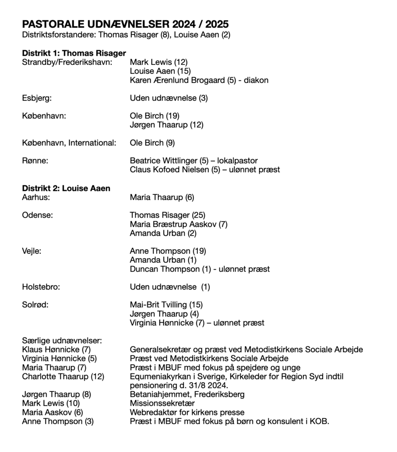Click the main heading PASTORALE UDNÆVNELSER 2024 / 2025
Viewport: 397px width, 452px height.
pos(125,24)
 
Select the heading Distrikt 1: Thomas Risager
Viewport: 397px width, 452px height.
pos(74,53)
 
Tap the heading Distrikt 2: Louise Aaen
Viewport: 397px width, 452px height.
pos(66,188)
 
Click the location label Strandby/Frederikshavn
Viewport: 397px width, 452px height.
pos(67,62)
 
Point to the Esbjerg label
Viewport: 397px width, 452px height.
pos(37,98)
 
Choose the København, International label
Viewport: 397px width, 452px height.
pos(69,143)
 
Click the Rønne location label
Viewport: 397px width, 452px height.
pos(35,161)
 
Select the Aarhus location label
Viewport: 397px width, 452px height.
pos(36,197)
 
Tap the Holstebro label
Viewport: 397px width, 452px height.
pos(41,287)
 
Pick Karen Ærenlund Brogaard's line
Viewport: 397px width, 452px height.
pos(199,80)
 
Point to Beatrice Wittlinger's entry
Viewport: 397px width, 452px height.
pos(194,161)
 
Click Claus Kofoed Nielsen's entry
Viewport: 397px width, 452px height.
pos(205,170)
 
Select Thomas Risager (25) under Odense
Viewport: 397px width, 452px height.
pos(168,215)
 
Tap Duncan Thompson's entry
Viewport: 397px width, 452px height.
pos(200,269)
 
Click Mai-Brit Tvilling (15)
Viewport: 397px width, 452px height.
pos(166,305)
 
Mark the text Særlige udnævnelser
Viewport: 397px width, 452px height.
pos(62,341)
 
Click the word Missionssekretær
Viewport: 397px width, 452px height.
pos(162,403)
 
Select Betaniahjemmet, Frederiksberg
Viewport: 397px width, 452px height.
pos(187,395)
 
